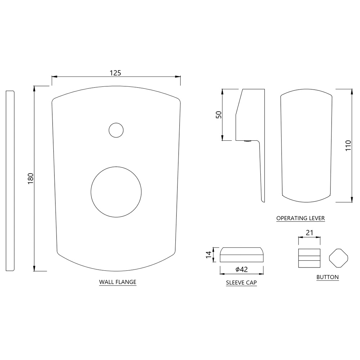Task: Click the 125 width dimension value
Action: click(115, 72)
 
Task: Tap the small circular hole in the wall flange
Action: click(116, 130)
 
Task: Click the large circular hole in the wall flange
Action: click(116, 192)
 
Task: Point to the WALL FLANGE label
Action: click(118, 282)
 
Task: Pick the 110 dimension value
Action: click(348, 146)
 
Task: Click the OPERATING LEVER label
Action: click(301, 218)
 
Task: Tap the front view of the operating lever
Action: click(306, 146)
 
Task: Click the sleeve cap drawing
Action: click(242, 255)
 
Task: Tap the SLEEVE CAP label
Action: click(241, 283)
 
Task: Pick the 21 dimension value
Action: click(309, 233)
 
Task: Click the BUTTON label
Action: click(327, 277)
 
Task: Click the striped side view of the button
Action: click(309, 258)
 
